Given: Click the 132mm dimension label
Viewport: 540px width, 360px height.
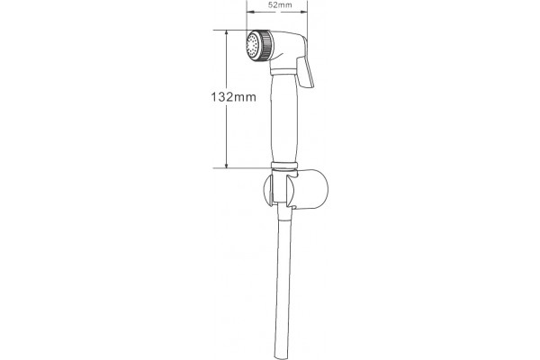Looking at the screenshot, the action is [233, 97].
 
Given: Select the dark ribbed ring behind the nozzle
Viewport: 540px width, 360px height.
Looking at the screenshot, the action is [265, 46].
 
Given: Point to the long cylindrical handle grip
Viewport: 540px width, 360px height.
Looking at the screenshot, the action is [284, 118].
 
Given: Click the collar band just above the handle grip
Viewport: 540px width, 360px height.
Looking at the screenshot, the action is [283, 72].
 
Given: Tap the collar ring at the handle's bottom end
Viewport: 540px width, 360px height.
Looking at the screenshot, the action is [284, 166].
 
